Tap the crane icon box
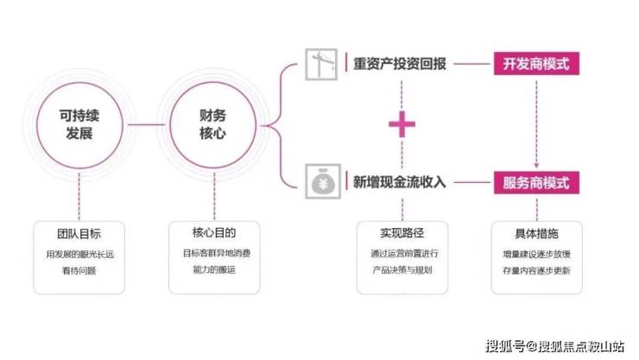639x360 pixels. [x=323, y=65]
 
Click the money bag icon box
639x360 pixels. [x=323, y=183]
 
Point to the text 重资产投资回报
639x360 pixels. [x=400, y=65]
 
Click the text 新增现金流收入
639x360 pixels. [x=400, y=183]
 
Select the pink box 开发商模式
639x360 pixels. [x=536, y=65]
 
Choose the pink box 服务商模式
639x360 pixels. [x=536, y=183]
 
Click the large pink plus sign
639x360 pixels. [x=402, y=125]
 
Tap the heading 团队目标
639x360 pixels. [x=79, y=234]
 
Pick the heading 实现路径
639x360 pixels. [x=401, y=234]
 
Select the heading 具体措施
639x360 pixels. [x=536, y=234]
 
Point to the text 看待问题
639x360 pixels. [x=79, y=270]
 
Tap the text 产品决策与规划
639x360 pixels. [x=401, y=270]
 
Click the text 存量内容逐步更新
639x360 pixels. [x=536, y=271]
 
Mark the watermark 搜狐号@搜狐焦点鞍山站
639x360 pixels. [x=554, y=345]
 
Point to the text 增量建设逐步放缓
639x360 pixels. [x=536, y=255]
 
